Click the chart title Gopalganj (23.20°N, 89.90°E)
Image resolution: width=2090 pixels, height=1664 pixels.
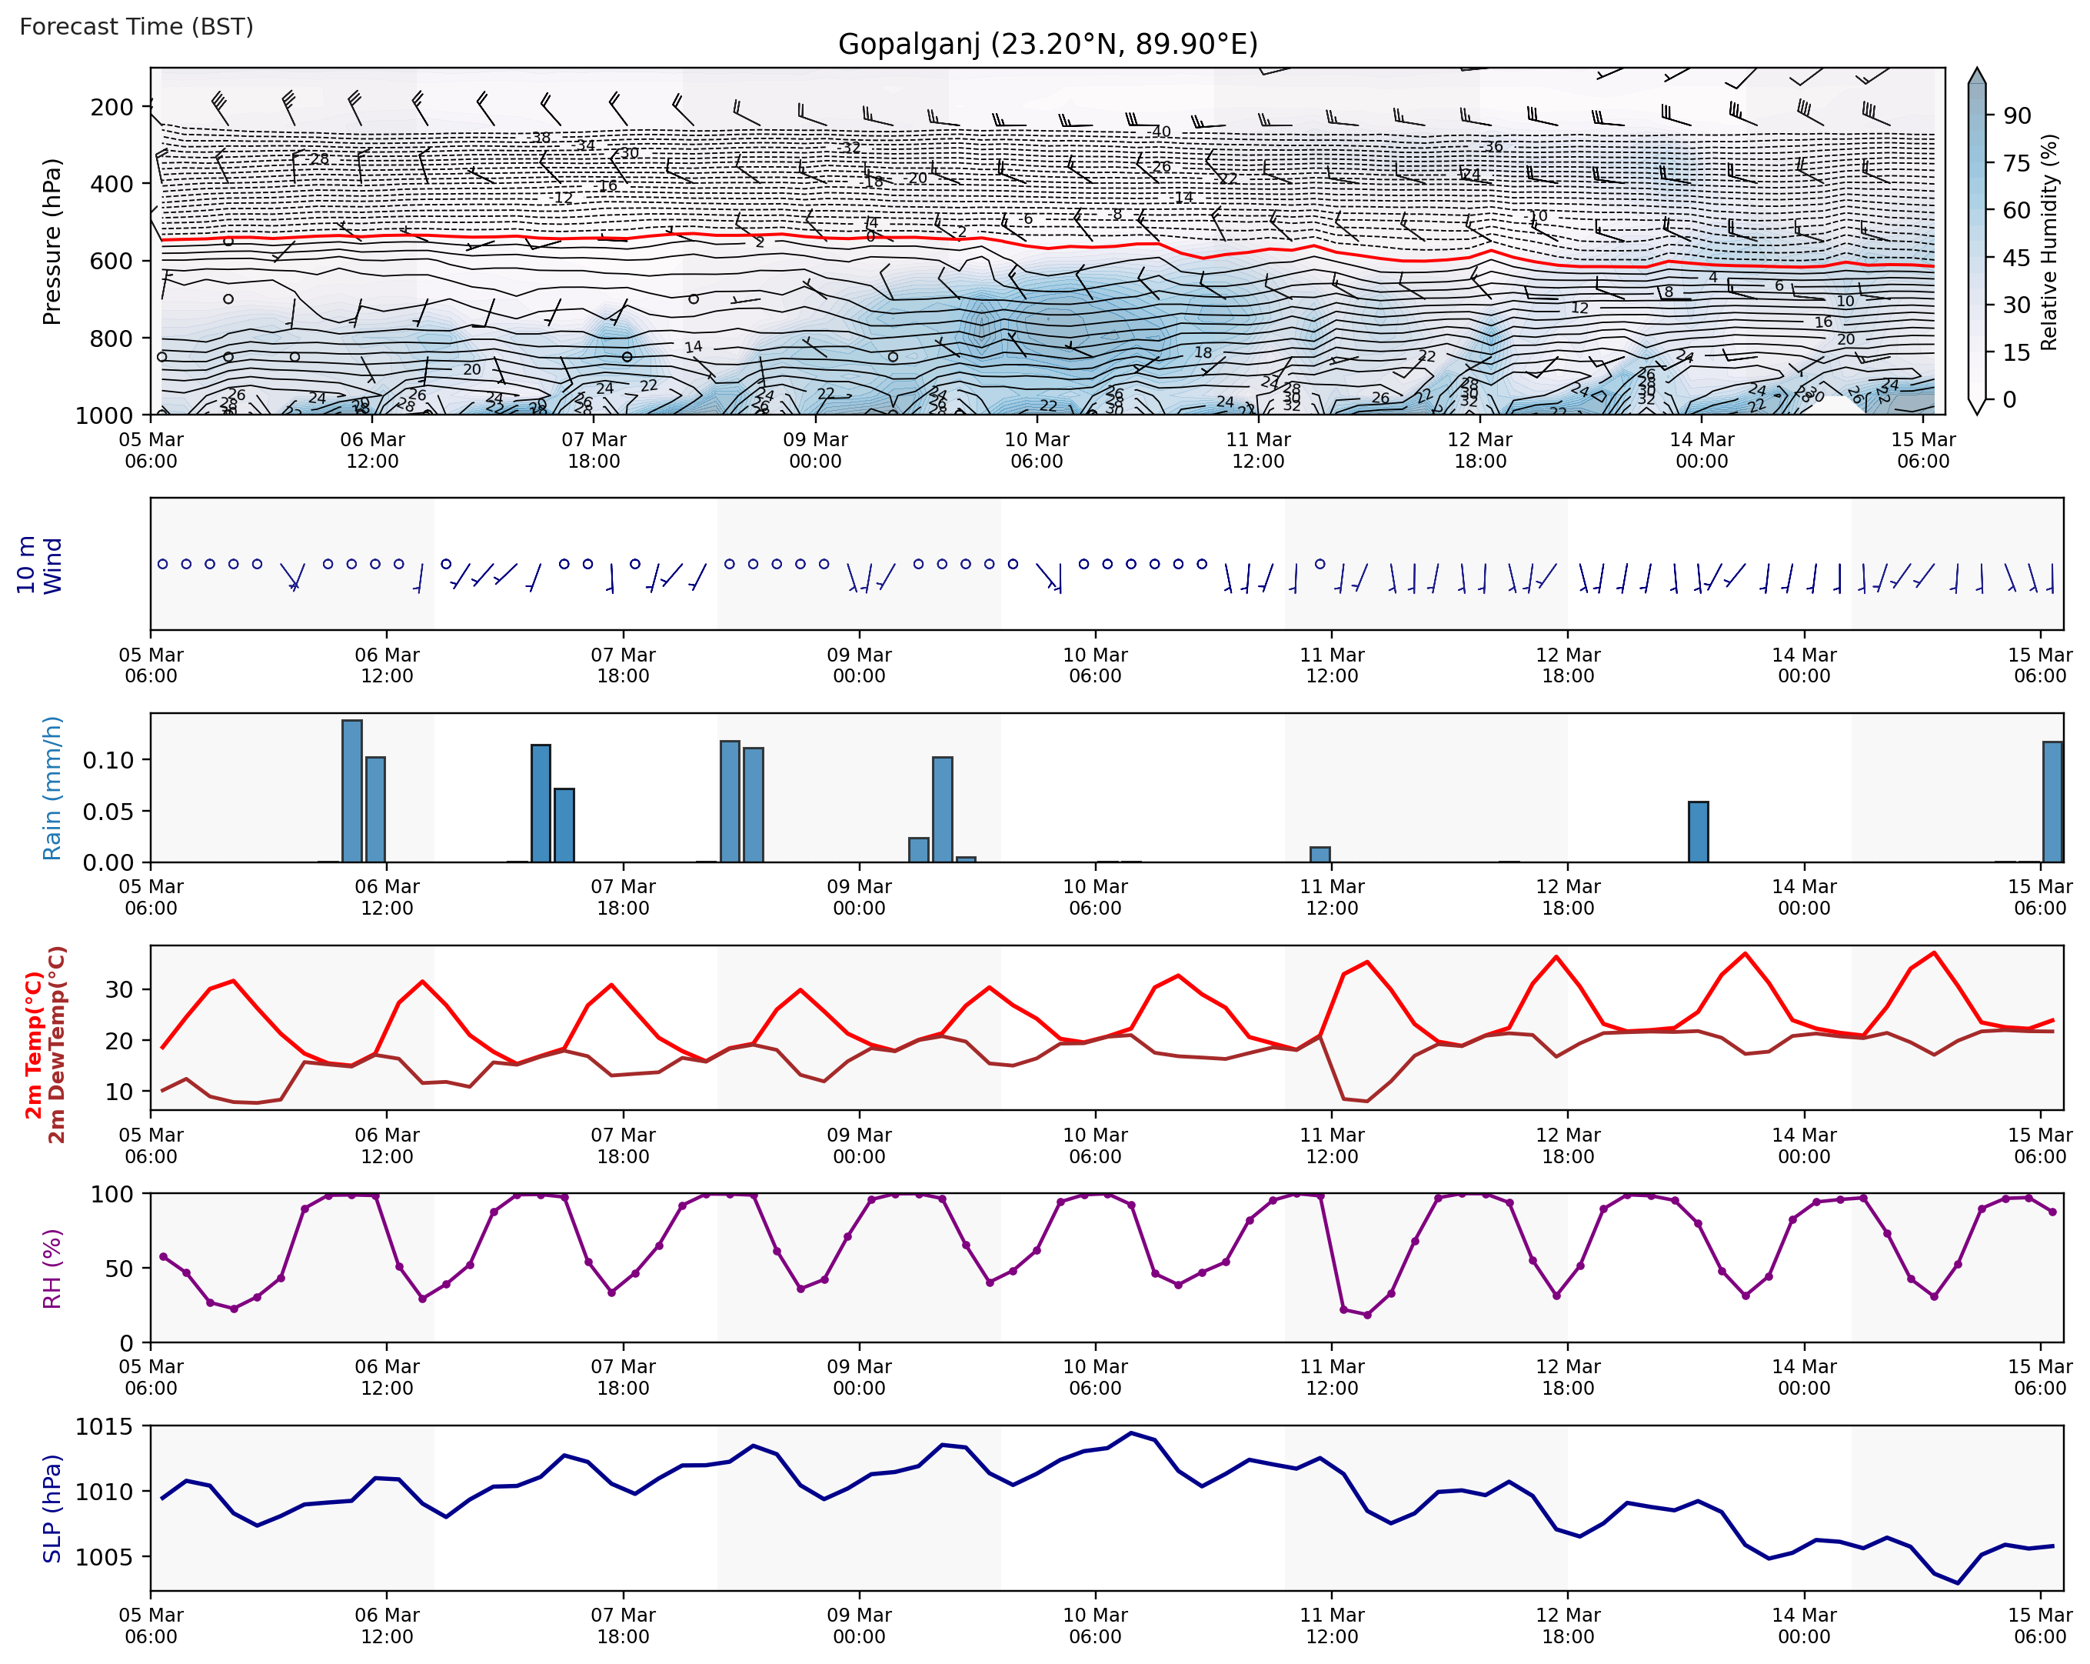pos(1047,44)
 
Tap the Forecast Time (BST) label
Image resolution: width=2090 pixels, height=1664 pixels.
pos(135,26)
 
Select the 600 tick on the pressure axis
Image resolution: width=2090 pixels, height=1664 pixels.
pos(111,261)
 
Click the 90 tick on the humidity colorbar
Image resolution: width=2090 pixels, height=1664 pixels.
pos(2016,115)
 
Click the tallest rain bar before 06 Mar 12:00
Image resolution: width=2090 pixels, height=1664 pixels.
pos(352,790)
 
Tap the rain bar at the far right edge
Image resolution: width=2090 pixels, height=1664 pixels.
pos(2052,801)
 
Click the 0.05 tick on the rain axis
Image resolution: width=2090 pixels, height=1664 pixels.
pos(108,811)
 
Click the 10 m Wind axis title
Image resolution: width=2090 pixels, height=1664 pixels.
pos(40,565)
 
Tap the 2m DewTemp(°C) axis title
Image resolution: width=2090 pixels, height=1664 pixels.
pos(57,1045)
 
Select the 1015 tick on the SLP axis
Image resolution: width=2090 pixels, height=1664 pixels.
pos(104,1426)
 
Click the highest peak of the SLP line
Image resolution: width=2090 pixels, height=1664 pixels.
pos(1130,1432)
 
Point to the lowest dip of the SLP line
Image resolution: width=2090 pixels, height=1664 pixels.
pos(1957,1583)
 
